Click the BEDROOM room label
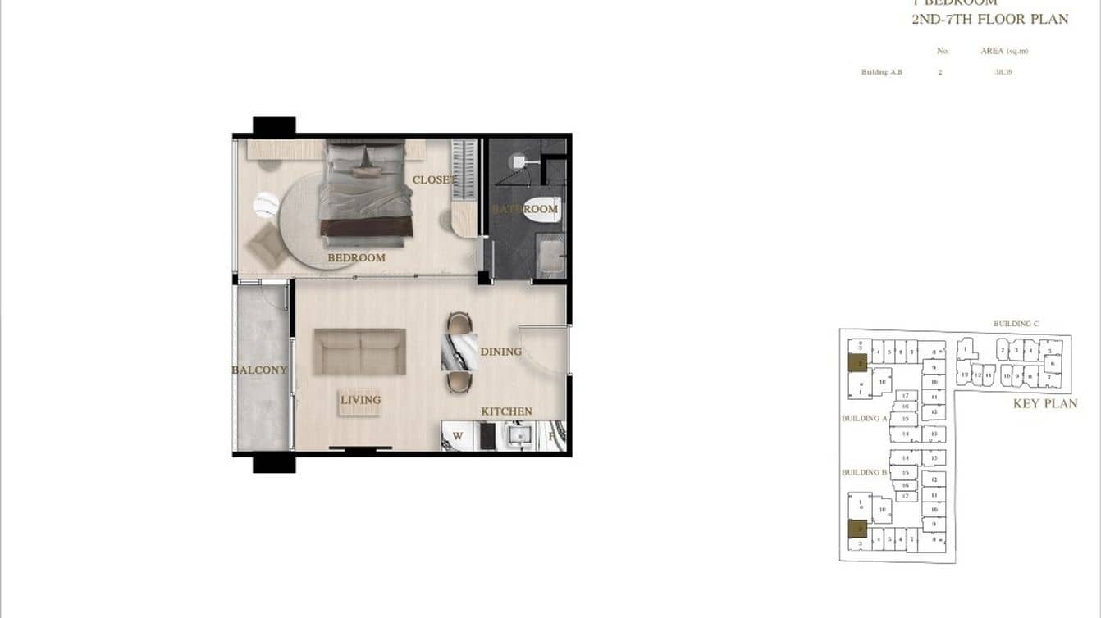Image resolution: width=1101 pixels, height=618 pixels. pyautogui.click(x=356, y=257)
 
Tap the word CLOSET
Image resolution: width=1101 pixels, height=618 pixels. pyautogui.click(x=434, y=179)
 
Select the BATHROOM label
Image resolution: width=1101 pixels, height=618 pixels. pyautogui.click(x=525, y=209)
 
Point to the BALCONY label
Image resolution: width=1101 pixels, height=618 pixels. pyautogui.click(x=259, y=370)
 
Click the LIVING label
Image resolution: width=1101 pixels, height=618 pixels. pyautogui.click(x=361, y=400)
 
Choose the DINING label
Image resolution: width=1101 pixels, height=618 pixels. pyautogui.click(x=500, y=352)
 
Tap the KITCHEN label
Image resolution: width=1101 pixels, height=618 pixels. pyautogui.click(x=506, y=411)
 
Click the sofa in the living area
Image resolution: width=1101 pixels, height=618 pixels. pyautogui.click(x=360, y=352)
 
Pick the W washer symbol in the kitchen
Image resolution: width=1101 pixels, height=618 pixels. pyautogui.click(x=458, y=437)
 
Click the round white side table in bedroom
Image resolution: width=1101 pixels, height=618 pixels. pyautogui.click(x=266, y=205)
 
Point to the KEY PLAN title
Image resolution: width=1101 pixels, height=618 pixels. pyautogui.click(x=1045, y=403)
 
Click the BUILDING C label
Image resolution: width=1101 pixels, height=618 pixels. pyautogui.click(x=1016, y=324)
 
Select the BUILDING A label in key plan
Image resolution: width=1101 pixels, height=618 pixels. pyautogui.click(x=865, y=418)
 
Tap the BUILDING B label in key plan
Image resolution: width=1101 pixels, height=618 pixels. pyautogui.click(x=865, y=472)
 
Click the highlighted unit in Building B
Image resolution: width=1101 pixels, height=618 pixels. pyautogui.click(x=857, y=528)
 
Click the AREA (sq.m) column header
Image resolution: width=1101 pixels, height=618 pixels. pyautogui.click(x=1004, y=51)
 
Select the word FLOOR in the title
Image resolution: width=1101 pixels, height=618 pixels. pyautogui.click(x=992, y=19)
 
